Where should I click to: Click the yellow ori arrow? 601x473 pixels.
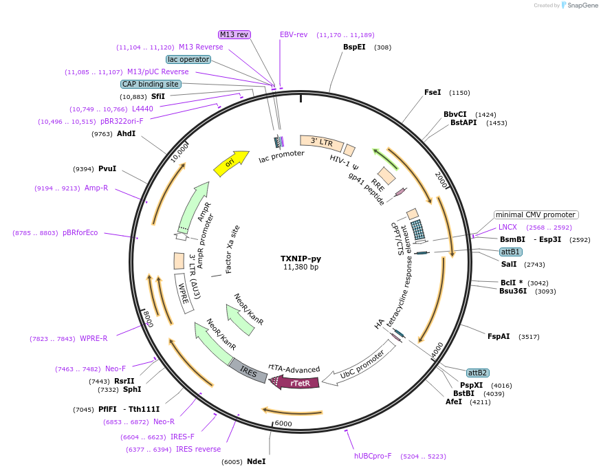tap(231, 164)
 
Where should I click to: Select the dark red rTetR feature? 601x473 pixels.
tap(297, 383)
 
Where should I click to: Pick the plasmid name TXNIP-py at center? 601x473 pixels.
tap(300, 258)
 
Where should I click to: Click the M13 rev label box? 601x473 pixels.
tap(234, 34)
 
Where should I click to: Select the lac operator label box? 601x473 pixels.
tap(188, 59)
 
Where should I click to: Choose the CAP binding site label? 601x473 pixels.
tap(151, 84)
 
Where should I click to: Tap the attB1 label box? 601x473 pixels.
tap(510, 252)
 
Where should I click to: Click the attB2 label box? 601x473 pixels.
tap(477, 373)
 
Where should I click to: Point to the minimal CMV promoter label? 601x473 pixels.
tap(536, 214)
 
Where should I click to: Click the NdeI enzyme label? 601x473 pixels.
tap(256, 461)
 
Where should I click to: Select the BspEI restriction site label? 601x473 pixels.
tap(354, 47)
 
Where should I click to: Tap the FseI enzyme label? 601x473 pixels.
tap(433, 92)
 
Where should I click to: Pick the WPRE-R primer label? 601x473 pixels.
tap(94, 338)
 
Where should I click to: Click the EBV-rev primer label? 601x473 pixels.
tap(294, 34)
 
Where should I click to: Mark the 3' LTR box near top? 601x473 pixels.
tap(322, 142)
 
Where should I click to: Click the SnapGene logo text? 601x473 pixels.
tap(581, 5)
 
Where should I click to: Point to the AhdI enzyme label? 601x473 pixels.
tap(126, 133)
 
